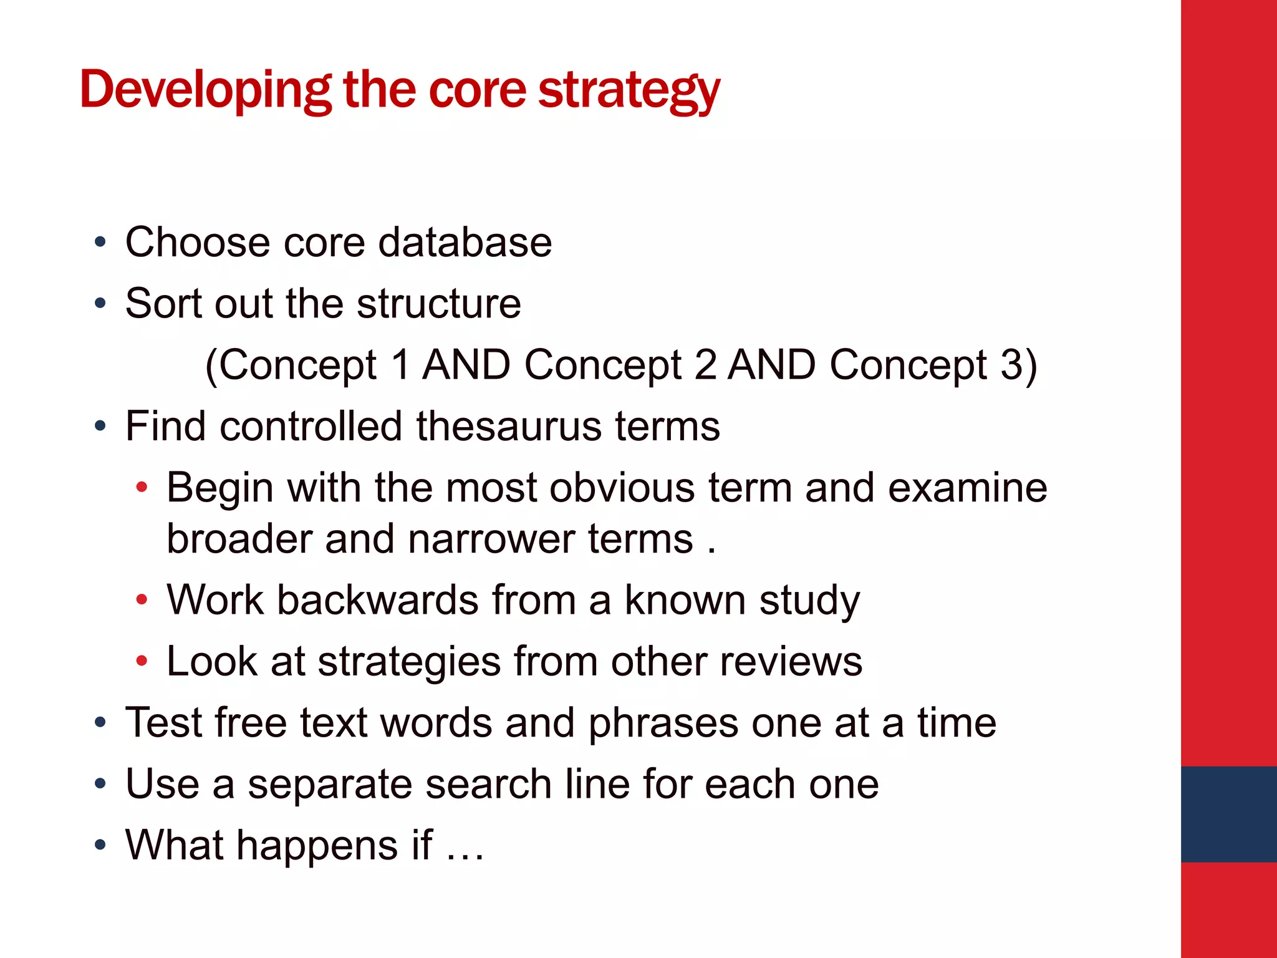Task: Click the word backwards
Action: click(x=377, y=599)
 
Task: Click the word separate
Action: click(x=330, y=783)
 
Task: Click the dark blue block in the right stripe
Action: click(x=1228, y=814)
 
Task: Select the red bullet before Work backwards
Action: click(x=142, y=600)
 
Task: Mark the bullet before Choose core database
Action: click(x=100, y=243)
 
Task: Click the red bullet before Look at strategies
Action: click(x=142, y=661)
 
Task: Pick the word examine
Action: click(x=967, y=487)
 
